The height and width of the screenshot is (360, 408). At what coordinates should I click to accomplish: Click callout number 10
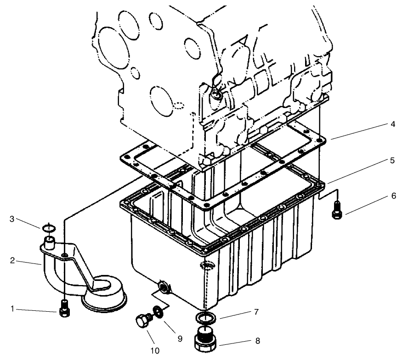[154, 351]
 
